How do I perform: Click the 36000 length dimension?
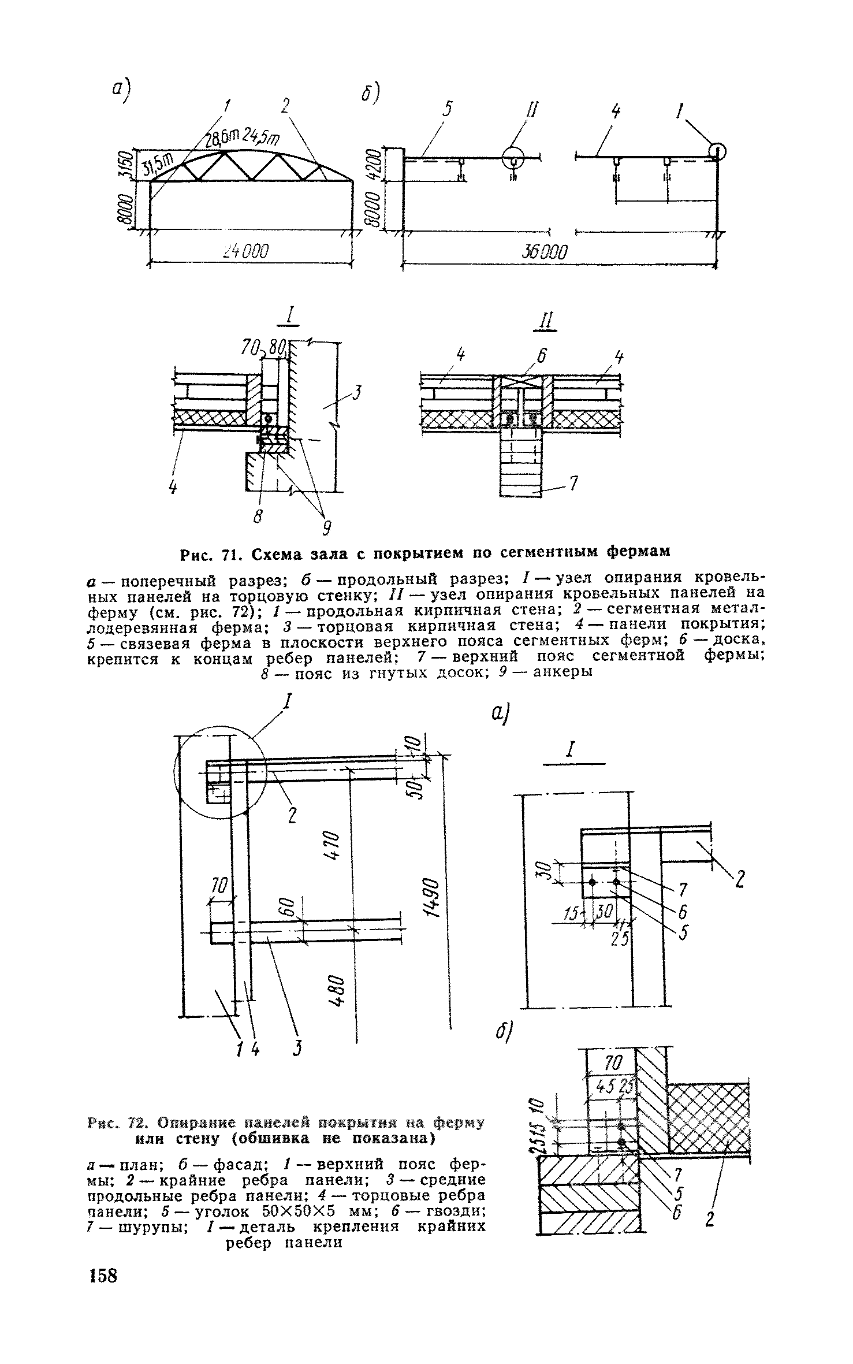coord(545,252)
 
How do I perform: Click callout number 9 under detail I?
coord(326,527)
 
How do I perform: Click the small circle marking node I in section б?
coord(717,152)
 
